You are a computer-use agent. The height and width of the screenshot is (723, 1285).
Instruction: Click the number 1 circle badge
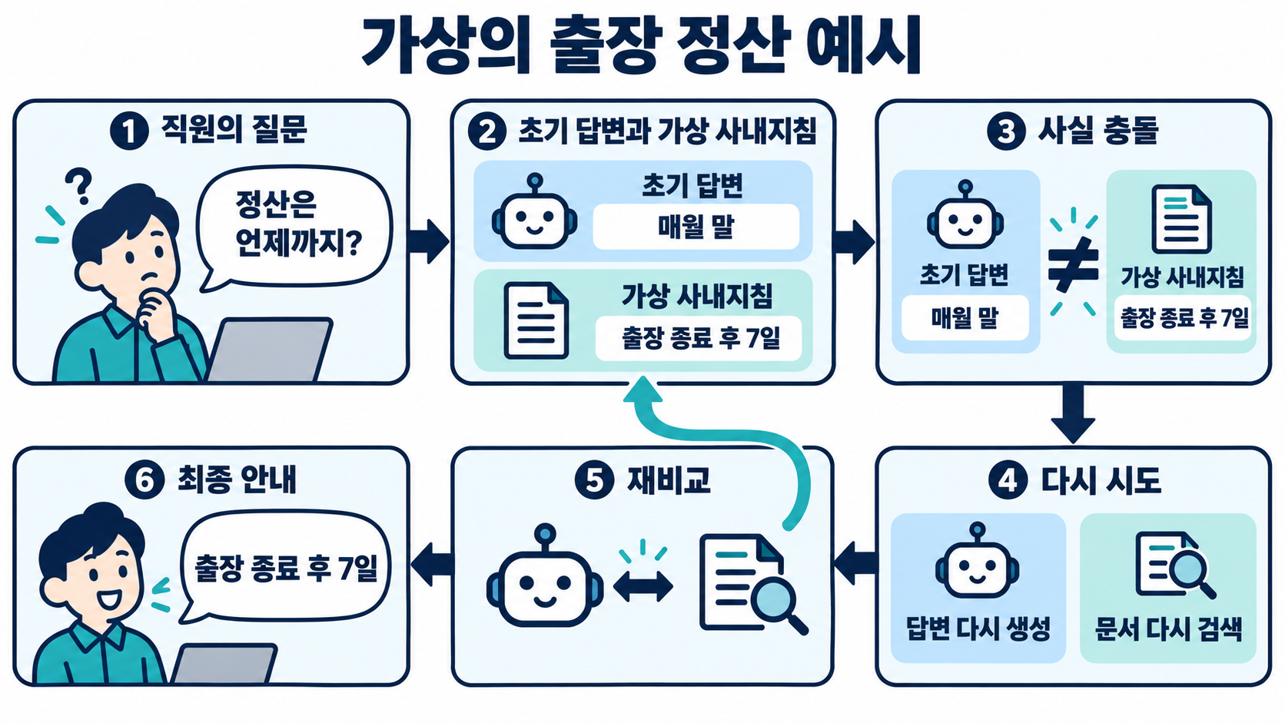coord(129,131)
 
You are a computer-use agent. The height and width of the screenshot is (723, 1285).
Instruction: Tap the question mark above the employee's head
coord(79,185)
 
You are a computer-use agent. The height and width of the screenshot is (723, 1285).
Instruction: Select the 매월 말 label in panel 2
coord(696,227)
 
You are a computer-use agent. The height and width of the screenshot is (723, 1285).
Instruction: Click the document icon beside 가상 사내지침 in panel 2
coord(536,320)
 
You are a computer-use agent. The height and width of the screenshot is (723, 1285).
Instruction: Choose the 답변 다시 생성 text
coord(978,628)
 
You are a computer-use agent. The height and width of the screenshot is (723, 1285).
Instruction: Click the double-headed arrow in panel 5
coord(643,586)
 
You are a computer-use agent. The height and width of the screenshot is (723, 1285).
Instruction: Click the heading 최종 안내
coord(237,479)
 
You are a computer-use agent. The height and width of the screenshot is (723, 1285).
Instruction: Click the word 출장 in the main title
coord(605,46)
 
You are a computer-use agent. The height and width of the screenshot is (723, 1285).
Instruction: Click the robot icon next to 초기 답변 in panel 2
coord(535,211)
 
